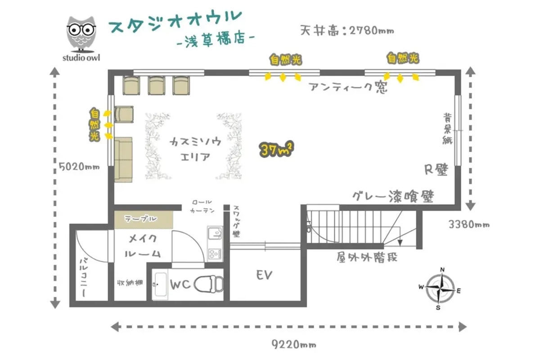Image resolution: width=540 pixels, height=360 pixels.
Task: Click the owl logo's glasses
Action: (81, 29)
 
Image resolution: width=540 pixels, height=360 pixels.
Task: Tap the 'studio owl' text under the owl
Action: (81, 58)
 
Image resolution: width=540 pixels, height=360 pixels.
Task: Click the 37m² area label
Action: (276, 149)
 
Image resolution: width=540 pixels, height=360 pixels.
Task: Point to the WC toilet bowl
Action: (209, 284)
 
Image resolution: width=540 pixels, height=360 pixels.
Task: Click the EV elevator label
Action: (264, 275)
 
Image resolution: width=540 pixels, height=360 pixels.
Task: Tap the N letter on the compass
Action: (442, 270)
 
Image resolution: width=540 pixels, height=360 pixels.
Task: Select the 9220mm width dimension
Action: (293, 344)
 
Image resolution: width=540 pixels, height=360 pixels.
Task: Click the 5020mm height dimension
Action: (79, 166)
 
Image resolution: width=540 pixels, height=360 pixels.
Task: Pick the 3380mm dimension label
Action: (469, 225)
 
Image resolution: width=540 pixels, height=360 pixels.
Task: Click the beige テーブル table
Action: (144, 220)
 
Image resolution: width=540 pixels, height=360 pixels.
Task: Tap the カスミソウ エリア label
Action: (195, 149)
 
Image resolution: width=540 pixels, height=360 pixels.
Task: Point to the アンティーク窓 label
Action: (349, 87)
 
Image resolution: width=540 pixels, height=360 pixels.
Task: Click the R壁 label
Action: (436, 170)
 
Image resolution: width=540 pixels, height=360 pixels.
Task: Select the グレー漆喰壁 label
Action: (393, 197)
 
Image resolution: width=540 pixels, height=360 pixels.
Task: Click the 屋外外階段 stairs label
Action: (367, 257)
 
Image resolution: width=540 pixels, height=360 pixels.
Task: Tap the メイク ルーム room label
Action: (143, 246)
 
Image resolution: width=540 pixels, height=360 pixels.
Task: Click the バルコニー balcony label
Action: (84, 277)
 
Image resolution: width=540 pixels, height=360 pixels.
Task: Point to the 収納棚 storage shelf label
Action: (130, 283)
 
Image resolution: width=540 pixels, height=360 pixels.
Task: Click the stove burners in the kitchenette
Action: (215, 253)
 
